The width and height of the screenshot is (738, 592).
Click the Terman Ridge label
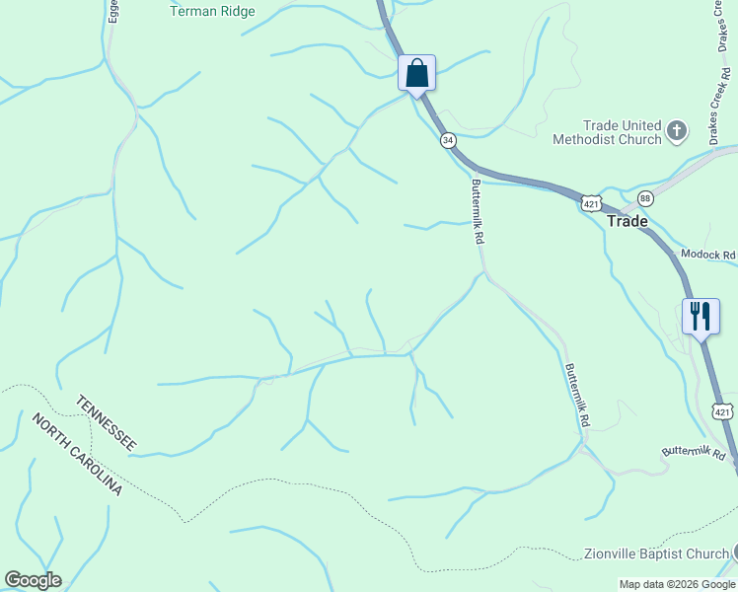212,12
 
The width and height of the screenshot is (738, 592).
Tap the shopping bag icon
417,72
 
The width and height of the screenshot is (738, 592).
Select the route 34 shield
449,140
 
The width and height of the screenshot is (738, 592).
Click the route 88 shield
645,197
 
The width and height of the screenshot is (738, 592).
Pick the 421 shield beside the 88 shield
590,203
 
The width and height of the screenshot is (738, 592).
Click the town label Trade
627,221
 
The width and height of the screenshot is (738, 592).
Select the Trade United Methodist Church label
622,132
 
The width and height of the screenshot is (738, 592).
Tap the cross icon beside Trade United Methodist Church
677,129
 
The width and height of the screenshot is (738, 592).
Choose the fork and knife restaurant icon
701,316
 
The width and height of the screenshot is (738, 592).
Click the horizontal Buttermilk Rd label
693,453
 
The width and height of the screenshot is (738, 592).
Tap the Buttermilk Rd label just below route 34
478,211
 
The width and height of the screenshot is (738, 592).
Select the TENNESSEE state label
107,422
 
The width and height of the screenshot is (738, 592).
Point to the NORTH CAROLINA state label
77,454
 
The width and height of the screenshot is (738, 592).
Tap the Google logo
33,580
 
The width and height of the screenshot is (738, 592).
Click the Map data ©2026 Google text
677,584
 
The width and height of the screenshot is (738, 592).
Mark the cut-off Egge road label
113,11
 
